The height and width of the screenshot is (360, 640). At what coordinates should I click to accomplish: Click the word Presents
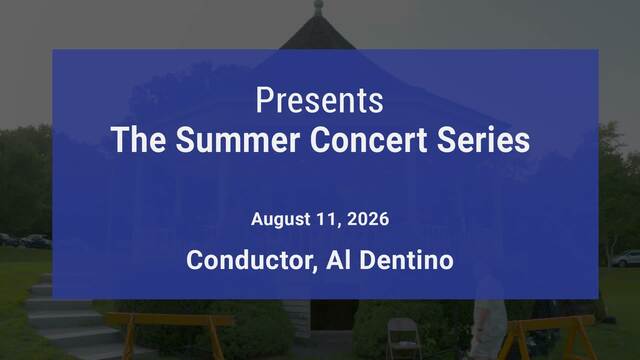pyautogui.click(x=320, y=100)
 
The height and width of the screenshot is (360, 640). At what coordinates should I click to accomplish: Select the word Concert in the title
pyautogui.click(x=369, y=140)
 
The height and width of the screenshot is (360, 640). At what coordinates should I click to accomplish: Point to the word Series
pyautogui.click(x=483, y=140)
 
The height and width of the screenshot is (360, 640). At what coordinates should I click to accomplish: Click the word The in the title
pyautogui.click(x=138, y=140)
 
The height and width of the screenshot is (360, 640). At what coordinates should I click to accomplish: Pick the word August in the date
pyautogui.click(x=281, y=220)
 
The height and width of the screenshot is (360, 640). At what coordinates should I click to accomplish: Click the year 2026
pyautogui.click(x=368, y=219)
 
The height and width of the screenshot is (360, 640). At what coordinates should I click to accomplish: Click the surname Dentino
pyautogui.click(x=407, y=260)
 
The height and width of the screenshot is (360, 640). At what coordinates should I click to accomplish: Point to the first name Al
pyautogui.click(x=338, y=260)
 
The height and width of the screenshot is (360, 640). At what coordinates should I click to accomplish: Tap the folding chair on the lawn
pyautogui.click(x=404, y=338)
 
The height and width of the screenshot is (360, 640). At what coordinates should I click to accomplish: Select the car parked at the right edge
pyautogui.click(x=626, y=259)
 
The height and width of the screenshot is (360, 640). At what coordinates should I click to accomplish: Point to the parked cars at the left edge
pyautogui.click(x=25, y=241)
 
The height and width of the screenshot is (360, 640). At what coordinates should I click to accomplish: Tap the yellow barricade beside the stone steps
pyautogui.click(x=169, y=333)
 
